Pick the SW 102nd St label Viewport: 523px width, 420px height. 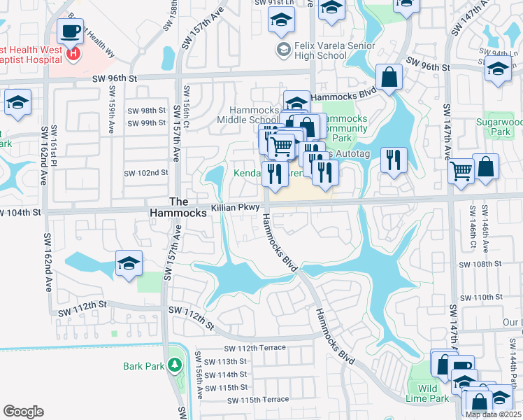pyautogui.click(x=146, y=172)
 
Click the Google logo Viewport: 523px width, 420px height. pyautogui.click(x=23, y=412)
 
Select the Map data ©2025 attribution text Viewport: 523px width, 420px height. pyautogui.click(x=492, y=414)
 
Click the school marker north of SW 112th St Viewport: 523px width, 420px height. pyautogui.click(x=129, y=263)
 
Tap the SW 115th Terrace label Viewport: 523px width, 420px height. pyautogui.click(x=258, y=400)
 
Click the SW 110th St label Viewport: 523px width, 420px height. pyautogui.click(x=479, y=297)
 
